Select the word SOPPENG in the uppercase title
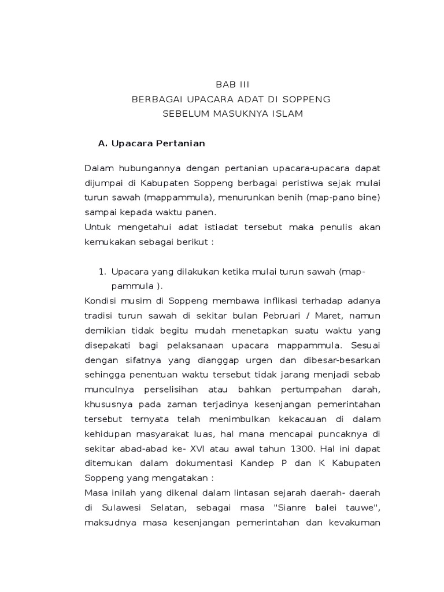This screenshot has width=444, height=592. tap(309, 99)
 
